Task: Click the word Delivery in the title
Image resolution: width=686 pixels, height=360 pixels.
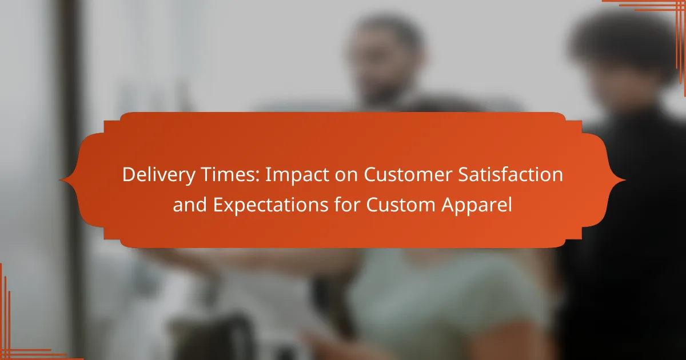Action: [x=159, y=175]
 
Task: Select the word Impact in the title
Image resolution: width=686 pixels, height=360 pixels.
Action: [x=297, y=175]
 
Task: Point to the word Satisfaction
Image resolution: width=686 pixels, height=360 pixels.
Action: [x=510, y=174]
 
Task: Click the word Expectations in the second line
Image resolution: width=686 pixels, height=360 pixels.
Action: [x=271, y=205]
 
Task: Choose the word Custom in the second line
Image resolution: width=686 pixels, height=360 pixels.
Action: [x=401, y=205]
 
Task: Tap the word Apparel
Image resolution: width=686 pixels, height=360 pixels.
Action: [x=477, y=206]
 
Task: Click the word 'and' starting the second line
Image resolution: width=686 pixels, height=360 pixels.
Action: [x=190, y=205]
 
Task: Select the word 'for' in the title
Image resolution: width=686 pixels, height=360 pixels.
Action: [x=347, y=205]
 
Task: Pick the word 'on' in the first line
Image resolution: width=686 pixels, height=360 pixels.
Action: [x=346, y=177]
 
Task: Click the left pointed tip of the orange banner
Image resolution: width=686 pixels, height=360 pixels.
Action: [x=59, y=180]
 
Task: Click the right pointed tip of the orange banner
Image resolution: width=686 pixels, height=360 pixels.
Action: [x=625, y=180]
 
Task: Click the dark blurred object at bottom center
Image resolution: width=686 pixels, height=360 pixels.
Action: [x=214, y=337]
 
